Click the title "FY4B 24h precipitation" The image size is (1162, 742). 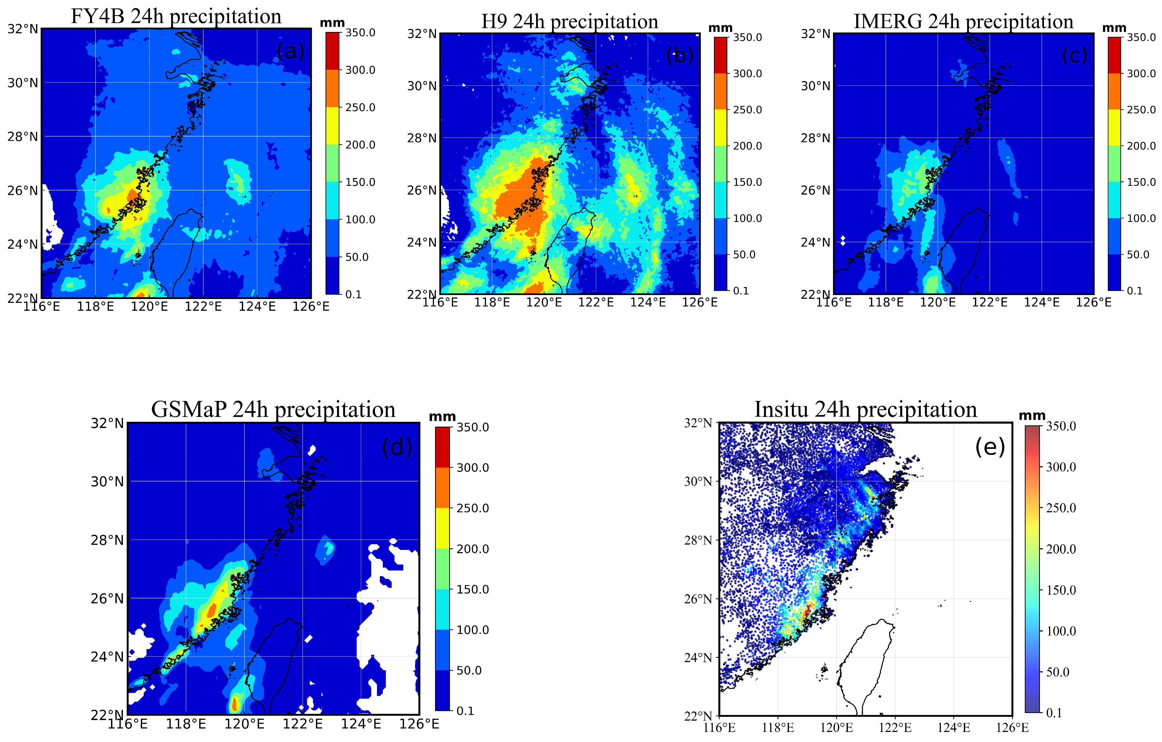(x=176, y=17)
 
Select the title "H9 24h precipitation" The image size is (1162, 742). (x=569, y=22)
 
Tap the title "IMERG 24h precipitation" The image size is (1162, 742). (x=963, y=22)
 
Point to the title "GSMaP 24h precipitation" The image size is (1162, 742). (x=273, y=410)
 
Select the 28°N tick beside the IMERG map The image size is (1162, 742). (x=815, y=138)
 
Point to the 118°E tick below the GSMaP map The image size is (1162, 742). (x=186, y=724)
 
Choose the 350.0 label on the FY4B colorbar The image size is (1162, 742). (x=360, y=33)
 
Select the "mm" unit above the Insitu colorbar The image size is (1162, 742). (x=1032, y=416)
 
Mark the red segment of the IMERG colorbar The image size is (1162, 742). (x=1114, y=55)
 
